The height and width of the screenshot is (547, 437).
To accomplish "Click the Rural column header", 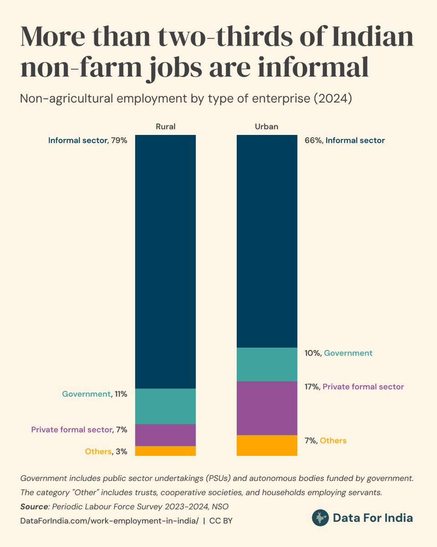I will click(165, 126).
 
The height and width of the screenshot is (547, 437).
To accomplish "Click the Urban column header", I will click(267, 126).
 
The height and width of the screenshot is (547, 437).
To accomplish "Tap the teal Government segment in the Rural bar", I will click(165, 406).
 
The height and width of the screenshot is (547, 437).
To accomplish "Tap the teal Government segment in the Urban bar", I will click(267, 364).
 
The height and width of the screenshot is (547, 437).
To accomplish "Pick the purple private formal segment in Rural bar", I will click(165, 435).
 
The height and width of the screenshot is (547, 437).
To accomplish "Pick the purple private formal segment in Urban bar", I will click(267, 408).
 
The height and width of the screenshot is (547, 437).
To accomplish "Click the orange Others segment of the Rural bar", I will click(165, 451).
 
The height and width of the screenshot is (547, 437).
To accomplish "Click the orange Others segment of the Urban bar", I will click(267, 445).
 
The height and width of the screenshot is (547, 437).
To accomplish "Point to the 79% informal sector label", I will click(87, 140).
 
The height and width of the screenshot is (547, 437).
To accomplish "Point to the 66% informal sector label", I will click(344, 140).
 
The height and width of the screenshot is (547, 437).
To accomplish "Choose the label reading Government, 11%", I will click(94, 394).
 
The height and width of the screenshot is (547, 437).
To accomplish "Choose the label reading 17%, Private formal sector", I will click(354, 387).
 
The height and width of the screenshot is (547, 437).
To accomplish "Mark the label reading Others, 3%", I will click(106, 451).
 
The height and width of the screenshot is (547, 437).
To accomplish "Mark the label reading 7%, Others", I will click(325, 440).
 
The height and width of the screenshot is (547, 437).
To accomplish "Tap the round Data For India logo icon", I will click(320, 518).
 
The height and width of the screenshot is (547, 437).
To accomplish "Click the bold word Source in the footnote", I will click(34, 506).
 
